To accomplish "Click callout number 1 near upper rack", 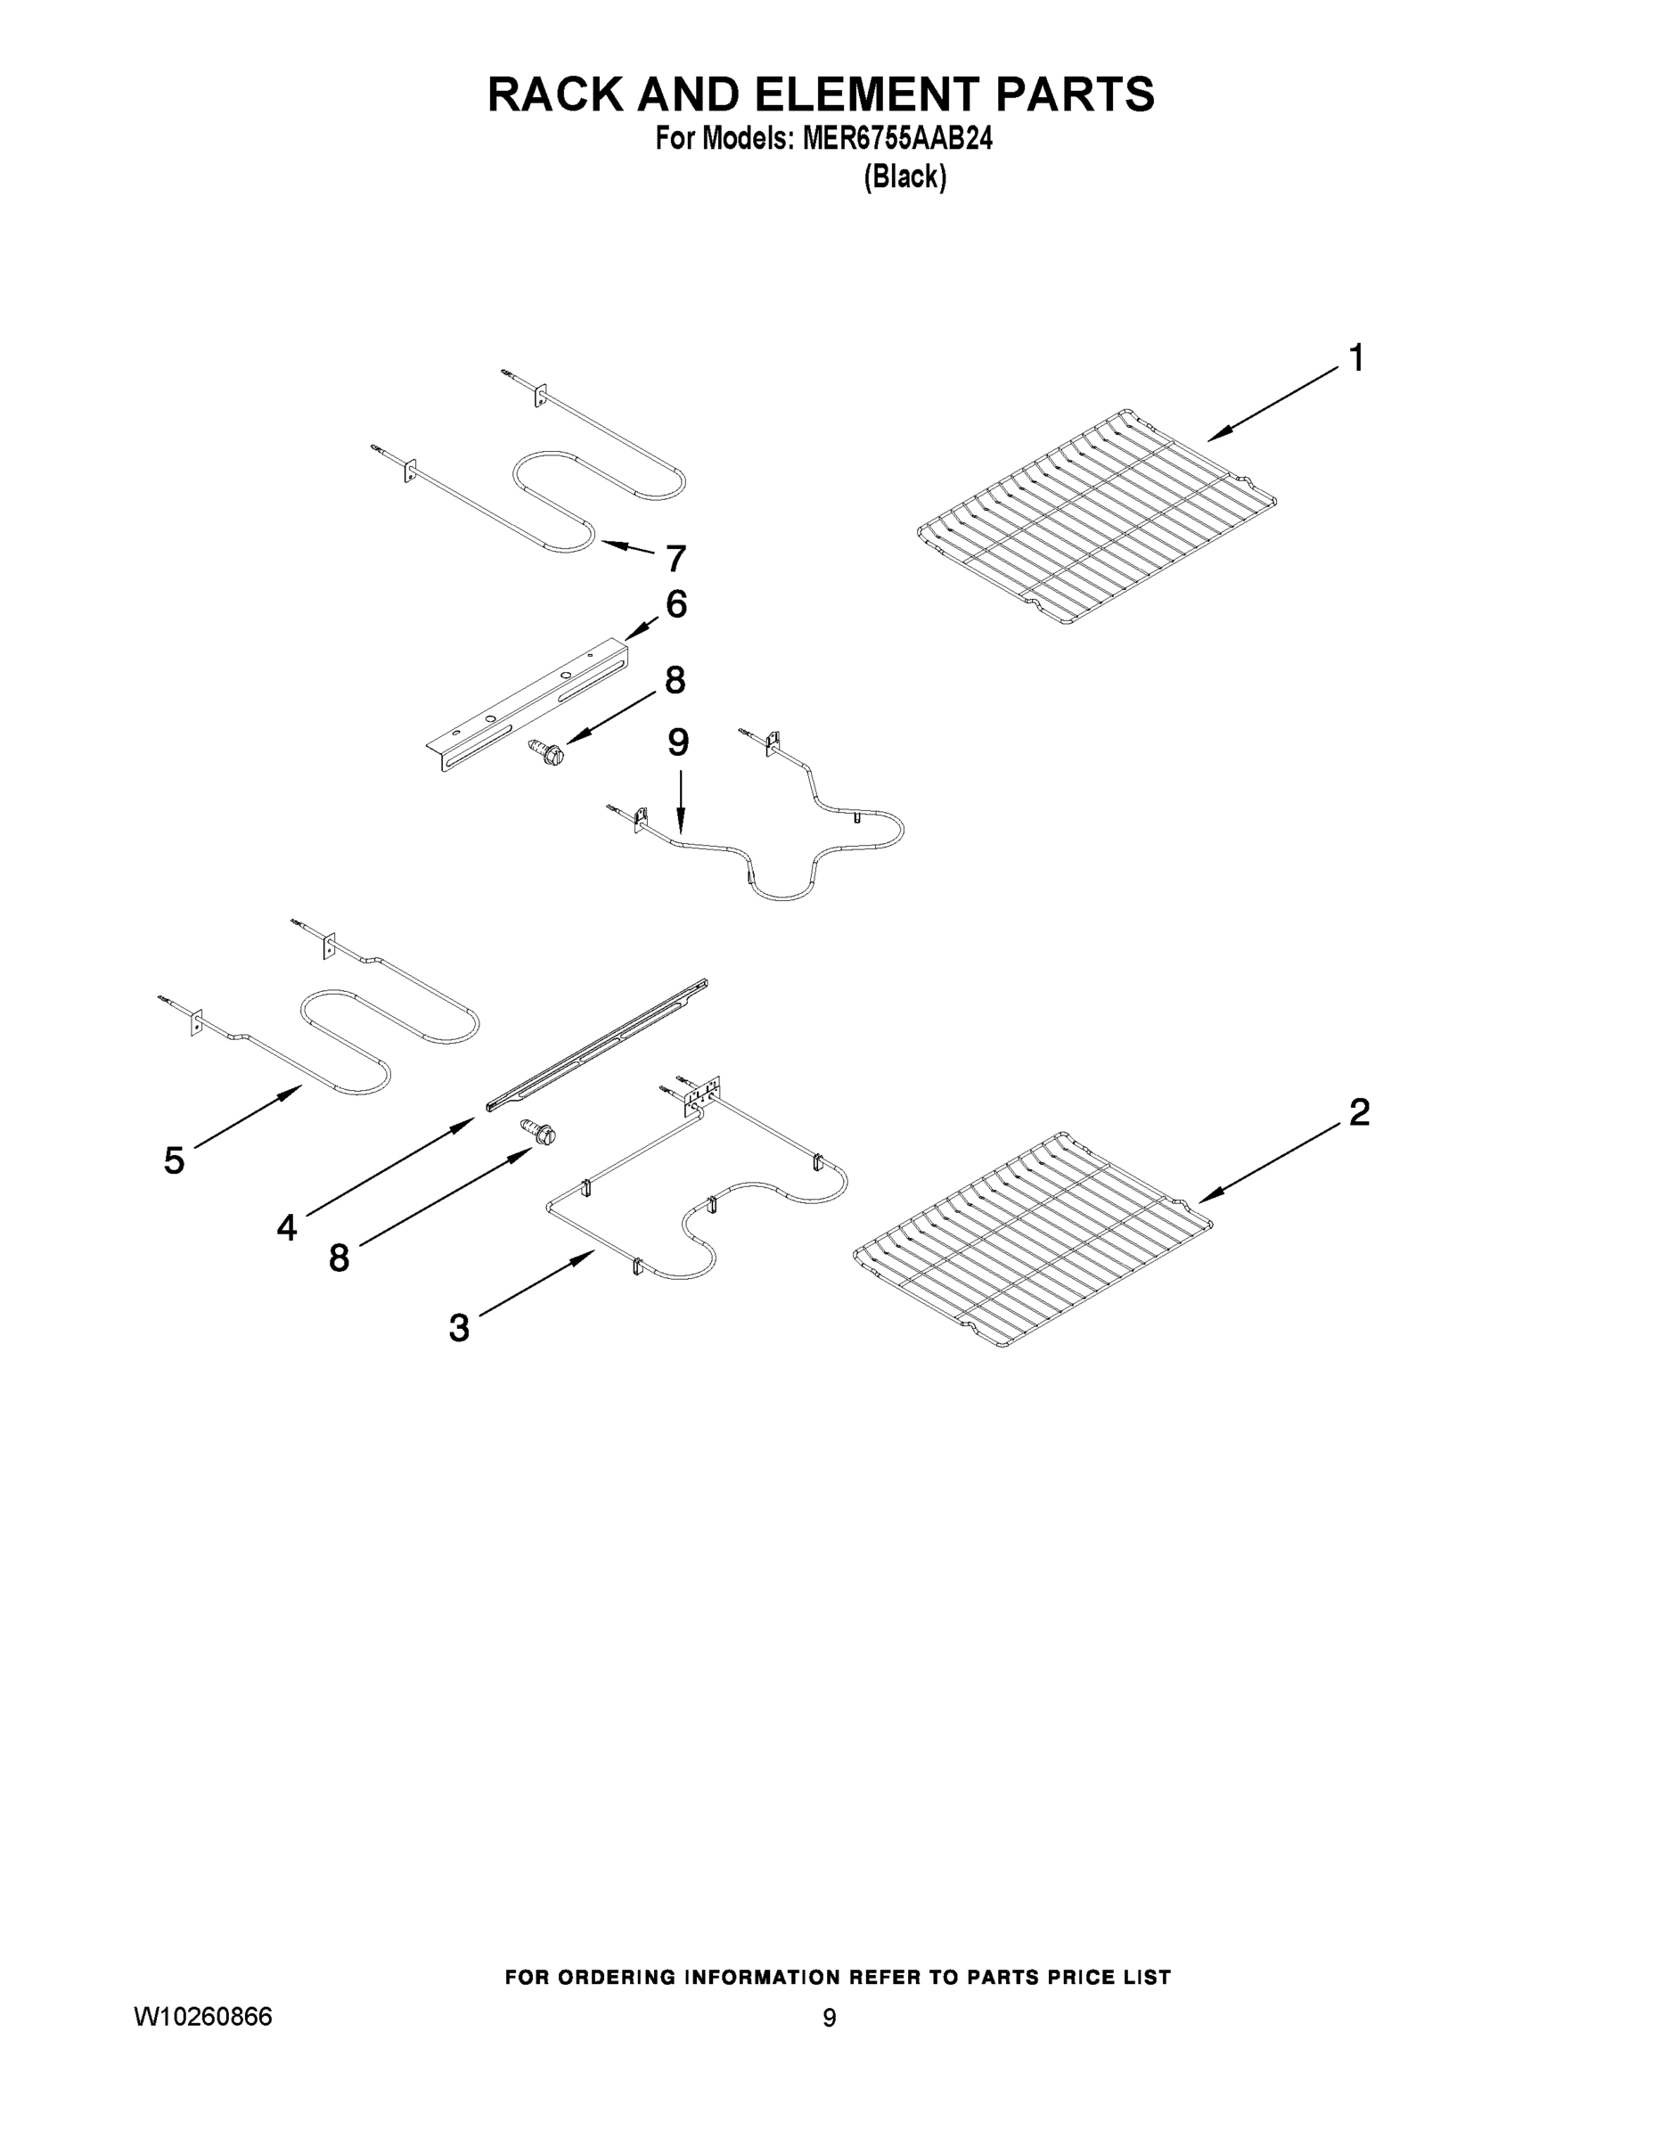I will click(x=1356, y=358).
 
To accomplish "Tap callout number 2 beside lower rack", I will click(x=1359, y=1112).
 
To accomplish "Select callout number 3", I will click(x=458, y=1329).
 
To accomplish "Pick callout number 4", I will click(x=286, y=1226).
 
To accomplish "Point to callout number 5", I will click(x=174, y=1160).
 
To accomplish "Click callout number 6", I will click(x=675, y=604).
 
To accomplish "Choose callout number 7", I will click(x=675, y=559).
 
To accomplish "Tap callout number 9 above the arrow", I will click(x=677, y=742).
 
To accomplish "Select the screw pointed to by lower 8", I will click(x=540, y=1131).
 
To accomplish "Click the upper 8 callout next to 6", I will click(x=675, y=680).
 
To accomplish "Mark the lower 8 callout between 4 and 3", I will click(x=339, y=1258).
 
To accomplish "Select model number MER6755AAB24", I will click(x=896, y=140).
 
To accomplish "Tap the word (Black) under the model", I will click(x=904, y=177).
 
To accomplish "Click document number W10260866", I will click(x=201, y=2017).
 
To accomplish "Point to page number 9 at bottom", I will click(x=829, y=2019).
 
